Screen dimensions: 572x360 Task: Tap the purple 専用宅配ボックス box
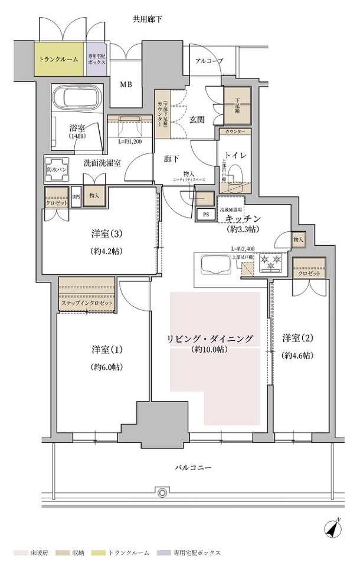click(97, 60)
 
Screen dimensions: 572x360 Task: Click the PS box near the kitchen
click(206, 215)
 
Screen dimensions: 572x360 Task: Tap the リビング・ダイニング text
click(210, 338)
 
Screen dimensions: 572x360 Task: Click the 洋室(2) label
click(297, 338)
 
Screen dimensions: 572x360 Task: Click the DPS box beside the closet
click(76, 197)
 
